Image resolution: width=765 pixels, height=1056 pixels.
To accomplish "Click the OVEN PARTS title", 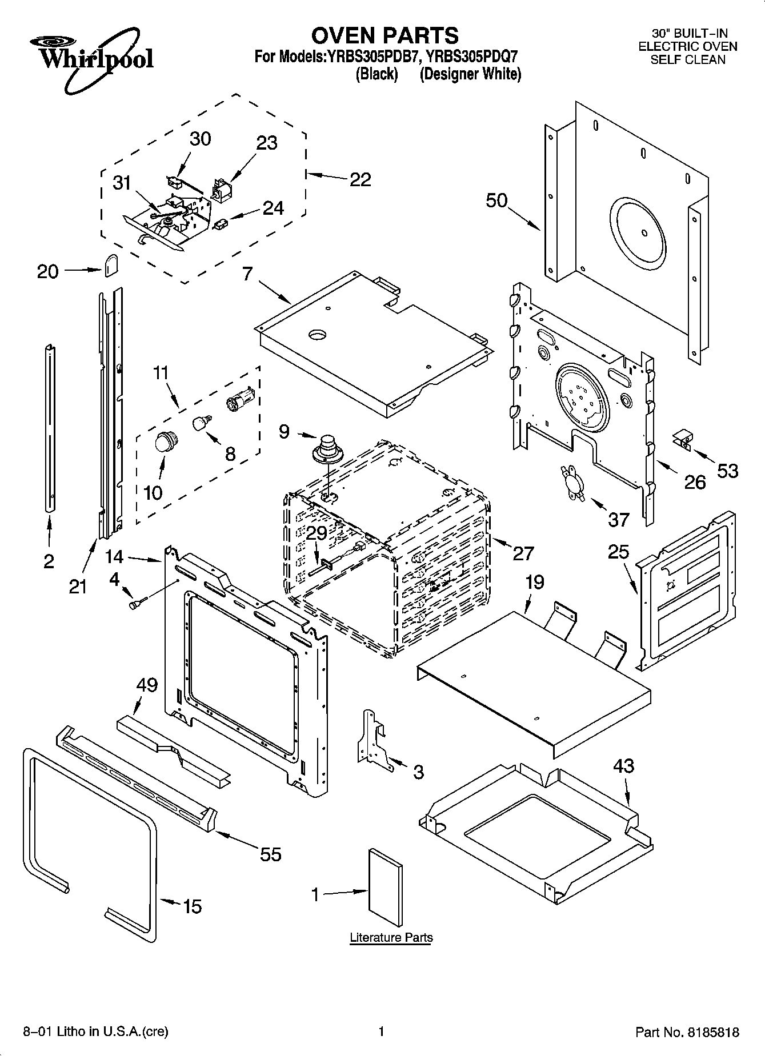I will [x=384, y=35].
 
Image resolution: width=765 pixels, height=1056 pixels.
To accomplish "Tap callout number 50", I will [x=496, y=200].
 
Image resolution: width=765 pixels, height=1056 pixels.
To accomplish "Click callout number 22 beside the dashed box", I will [x=360, y=179].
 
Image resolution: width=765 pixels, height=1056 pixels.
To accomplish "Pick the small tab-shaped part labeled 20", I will [x=111, y=265].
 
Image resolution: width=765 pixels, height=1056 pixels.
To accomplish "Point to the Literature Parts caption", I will [x=391, y=937].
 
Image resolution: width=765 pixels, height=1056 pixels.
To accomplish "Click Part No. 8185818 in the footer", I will [x=687, y=1032].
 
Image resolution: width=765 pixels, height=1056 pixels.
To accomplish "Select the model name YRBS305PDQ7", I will [x=472, y=57].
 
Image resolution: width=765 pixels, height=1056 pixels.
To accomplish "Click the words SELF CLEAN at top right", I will [x=687, y=59].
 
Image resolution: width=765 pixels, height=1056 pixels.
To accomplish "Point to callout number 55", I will [x=271, y=854].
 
